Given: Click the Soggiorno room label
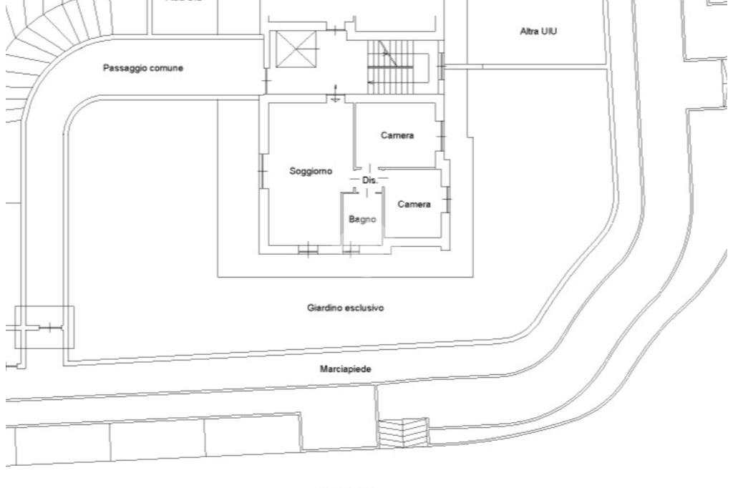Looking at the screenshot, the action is [x=311, y=171].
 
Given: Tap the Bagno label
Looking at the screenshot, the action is [x=362, y=220].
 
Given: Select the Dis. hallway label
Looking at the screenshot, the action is [x=369, y=180].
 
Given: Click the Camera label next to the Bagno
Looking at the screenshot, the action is [x=414, y=205].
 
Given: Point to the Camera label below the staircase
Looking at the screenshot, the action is [x=397, y=135].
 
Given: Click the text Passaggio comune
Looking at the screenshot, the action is [x=143, y=68].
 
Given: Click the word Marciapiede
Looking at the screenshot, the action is [x=345, y=369].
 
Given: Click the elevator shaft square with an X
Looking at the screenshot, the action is [x=296, y=49].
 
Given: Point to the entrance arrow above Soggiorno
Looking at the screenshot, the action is [x=336, y=94].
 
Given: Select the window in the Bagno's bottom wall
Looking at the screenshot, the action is [x=351, y=249].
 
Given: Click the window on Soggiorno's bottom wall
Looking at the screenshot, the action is [x=307, y=249].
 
